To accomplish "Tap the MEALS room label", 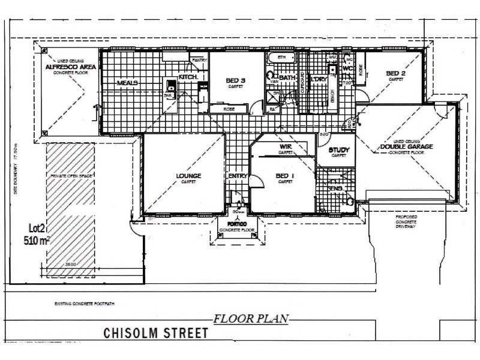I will pos(128,83).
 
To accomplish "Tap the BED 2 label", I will pos(395,74).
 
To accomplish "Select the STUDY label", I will pos(338,149).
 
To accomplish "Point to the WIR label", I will pos(285,146).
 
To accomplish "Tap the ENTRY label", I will pos(238,176).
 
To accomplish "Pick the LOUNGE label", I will pos(188,176).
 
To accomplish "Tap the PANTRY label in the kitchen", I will pos(199,61).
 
